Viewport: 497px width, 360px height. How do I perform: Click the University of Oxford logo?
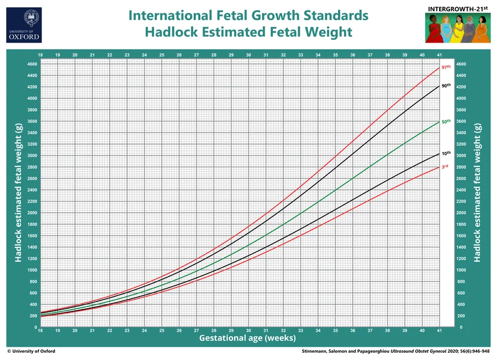[24, 25]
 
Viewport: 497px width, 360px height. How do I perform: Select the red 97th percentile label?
[446, 67]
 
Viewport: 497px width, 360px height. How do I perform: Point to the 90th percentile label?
[446, 86]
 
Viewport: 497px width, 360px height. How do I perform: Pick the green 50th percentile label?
[446, 121]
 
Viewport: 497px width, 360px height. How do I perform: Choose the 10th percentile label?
[446, 153]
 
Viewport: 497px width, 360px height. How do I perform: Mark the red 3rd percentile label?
[445, 166]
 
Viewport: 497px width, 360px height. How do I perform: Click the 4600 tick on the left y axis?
[33, 64]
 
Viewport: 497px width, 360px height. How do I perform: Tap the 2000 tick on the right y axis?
[461, 213]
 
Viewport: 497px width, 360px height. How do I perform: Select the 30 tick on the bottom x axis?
[248, 331]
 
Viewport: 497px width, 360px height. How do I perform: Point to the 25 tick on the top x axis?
[162, 55]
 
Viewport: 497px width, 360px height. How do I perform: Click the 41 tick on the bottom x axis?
[440, 331]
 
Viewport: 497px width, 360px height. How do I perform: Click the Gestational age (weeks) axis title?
[247, 338]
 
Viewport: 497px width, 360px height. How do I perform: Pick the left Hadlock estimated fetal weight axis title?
[18, 193]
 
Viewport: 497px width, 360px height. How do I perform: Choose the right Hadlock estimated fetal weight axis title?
[477, 193]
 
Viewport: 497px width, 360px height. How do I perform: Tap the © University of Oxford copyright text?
[31, 351]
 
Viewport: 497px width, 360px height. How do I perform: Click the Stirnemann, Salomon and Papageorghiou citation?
[395, 351]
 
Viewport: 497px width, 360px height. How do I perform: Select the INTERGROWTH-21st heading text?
[458, 9]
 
